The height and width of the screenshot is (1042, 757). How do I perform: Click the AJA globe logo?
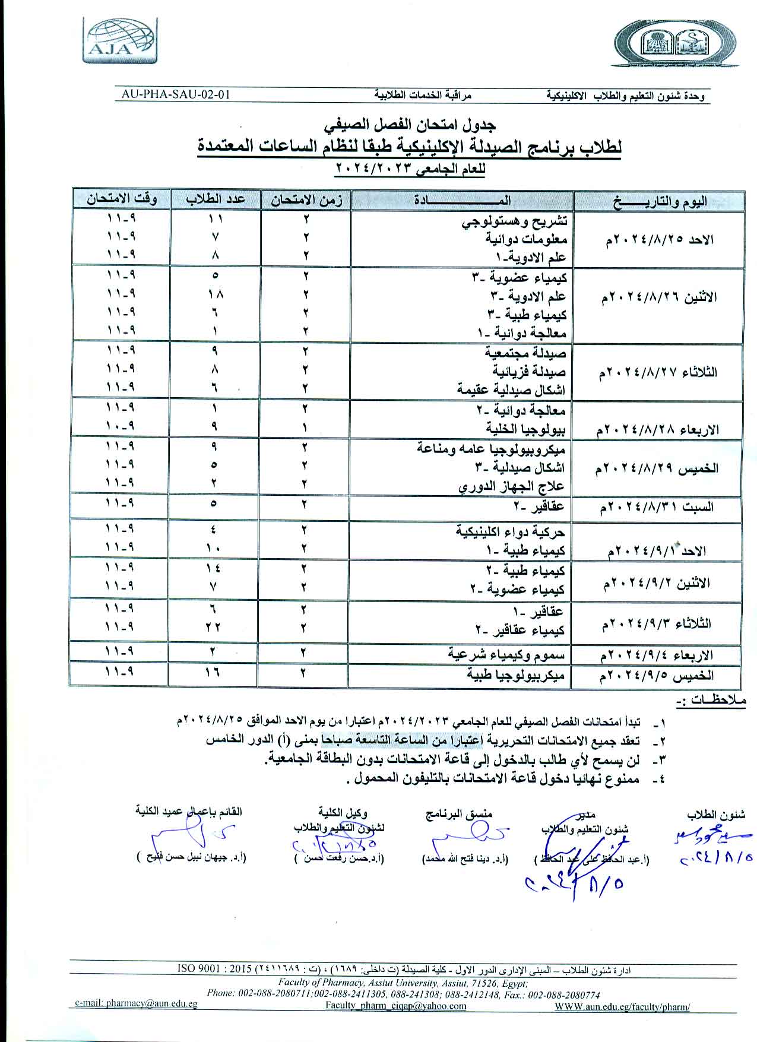pos(121,40)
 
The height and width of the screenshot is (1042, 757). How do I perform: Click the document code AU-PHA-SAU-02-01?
pos(175,94)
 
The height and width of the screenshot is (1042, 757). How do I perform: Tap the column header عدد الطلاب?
pos(216,199)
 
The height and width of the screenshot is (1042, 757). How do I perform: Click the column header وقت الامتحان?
pos(121,199)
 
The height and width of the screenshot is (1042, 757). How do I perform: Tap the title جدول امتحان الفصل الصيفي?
pos(410,125)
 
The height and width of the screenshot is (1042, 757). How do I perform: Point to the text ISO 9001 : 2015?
pos(210,969)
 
